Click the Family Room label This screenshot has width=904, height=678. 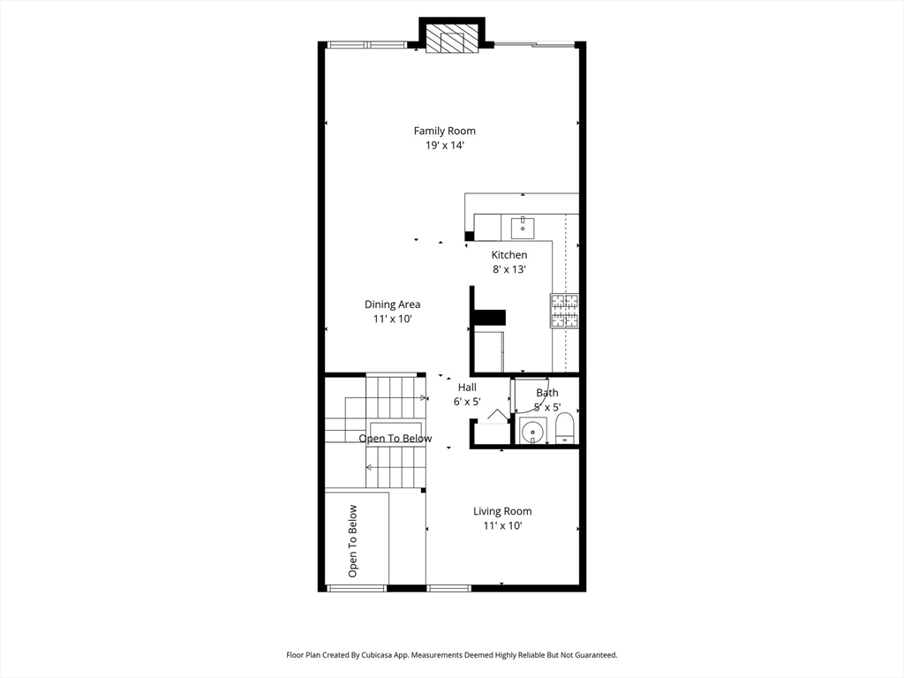(x=445, y=131)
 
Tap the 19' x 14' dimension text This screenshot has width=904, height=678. (x=445, y=146)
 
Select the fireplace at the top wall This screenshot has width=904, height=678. (x=452, y=38)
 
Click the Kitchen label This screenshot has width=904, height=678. (x=509, y=255)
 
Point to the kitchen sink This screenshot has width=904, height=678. (x=523, y=227)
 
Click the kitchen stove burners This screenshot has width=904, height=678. (x=564, y=312)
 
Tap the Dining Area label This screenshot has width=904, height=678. (x=392, y=305)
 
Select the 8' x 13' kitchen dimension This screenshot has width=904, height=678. (x=509, y=269)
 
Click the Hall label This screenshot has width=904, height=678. (x=467, y=388)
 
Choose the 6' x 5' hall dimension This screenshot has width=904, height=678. (x=467, y=402)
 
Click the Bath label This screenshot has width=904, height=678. (x=547, y=393)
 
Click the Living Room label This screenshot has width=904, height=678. (x=502, y=511)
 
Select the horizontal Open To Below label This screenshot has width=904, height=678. (x=395, y=439)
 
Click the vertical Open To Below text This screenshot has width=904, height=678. (x=353, y=541)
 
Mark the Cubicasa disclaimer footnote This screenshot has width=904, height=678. (x=451, y=655)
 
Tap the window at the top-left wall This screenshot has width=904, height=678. (x=366, y=45)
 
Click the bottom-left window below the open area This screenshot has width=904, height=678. (x=357, y=588)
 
